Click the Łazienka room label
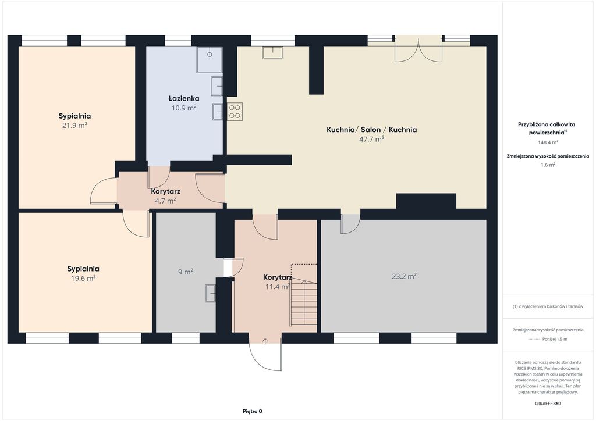[x=184, y=98]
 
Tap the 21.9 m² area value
[x=75, y=125]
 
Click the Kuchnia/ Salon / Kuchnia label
[x=372, y=130]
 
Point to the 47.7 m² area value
[x=372, y=139]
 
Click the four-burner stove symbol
[x=235, y=112]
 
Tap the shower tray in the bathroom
[x=209, y=59]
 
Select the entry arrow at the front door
[x=265, y=341]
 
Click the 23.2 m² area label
[x=404, y=276]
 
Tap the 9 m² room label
[x=186, y=272]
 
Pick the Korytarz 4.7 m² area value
[x=165, y=201]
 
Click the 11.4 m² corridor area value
[x=278, y=287]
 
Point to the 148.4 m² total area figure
[x=548, y=142]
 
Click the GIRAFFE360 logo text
[x=548, y=404]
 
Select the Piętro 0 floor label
[x=253, y=411]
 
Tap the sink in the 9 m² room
[x=210, y=293]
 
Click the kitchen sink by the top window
[x=272, y=52]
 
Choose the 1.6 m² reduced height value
[x=548, y=165]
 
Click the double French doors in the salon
[x=418, y=49]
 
